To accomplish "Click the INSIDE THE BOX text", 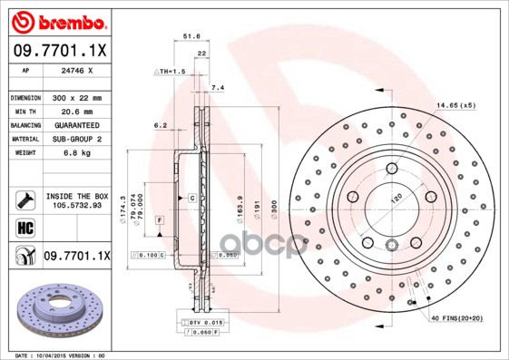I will (76, 196).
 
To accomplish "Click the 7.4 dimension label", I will (217, 87).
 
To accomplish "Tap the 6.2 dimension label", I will (160, 125).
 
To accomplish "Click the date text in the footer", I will (67, 355).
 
